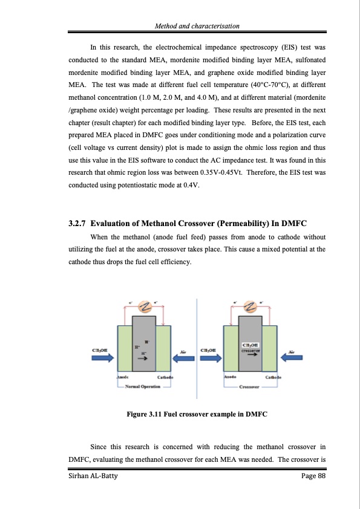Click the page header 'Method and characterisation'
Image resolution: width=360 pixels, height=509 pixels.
pyautogui.click(x=197, y=26)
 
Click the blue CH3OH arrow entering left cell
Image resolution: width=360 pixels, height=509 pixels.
pyautogui.click(x=102, y=358)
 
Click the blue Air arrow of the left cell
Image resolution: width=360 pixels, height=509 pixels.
pyautogui.click(x=184, y=358)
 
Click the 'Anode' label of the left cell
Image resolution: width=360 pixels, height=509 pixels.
pyautogui.click(x=122, y=377)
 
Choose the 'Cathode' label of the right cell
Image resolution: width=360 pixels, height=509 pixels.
pyautogui.click(x=271, y=377)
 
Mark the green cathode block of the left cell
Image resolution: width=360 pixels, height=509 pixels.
pyautogui.click(x=163, y=349)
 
